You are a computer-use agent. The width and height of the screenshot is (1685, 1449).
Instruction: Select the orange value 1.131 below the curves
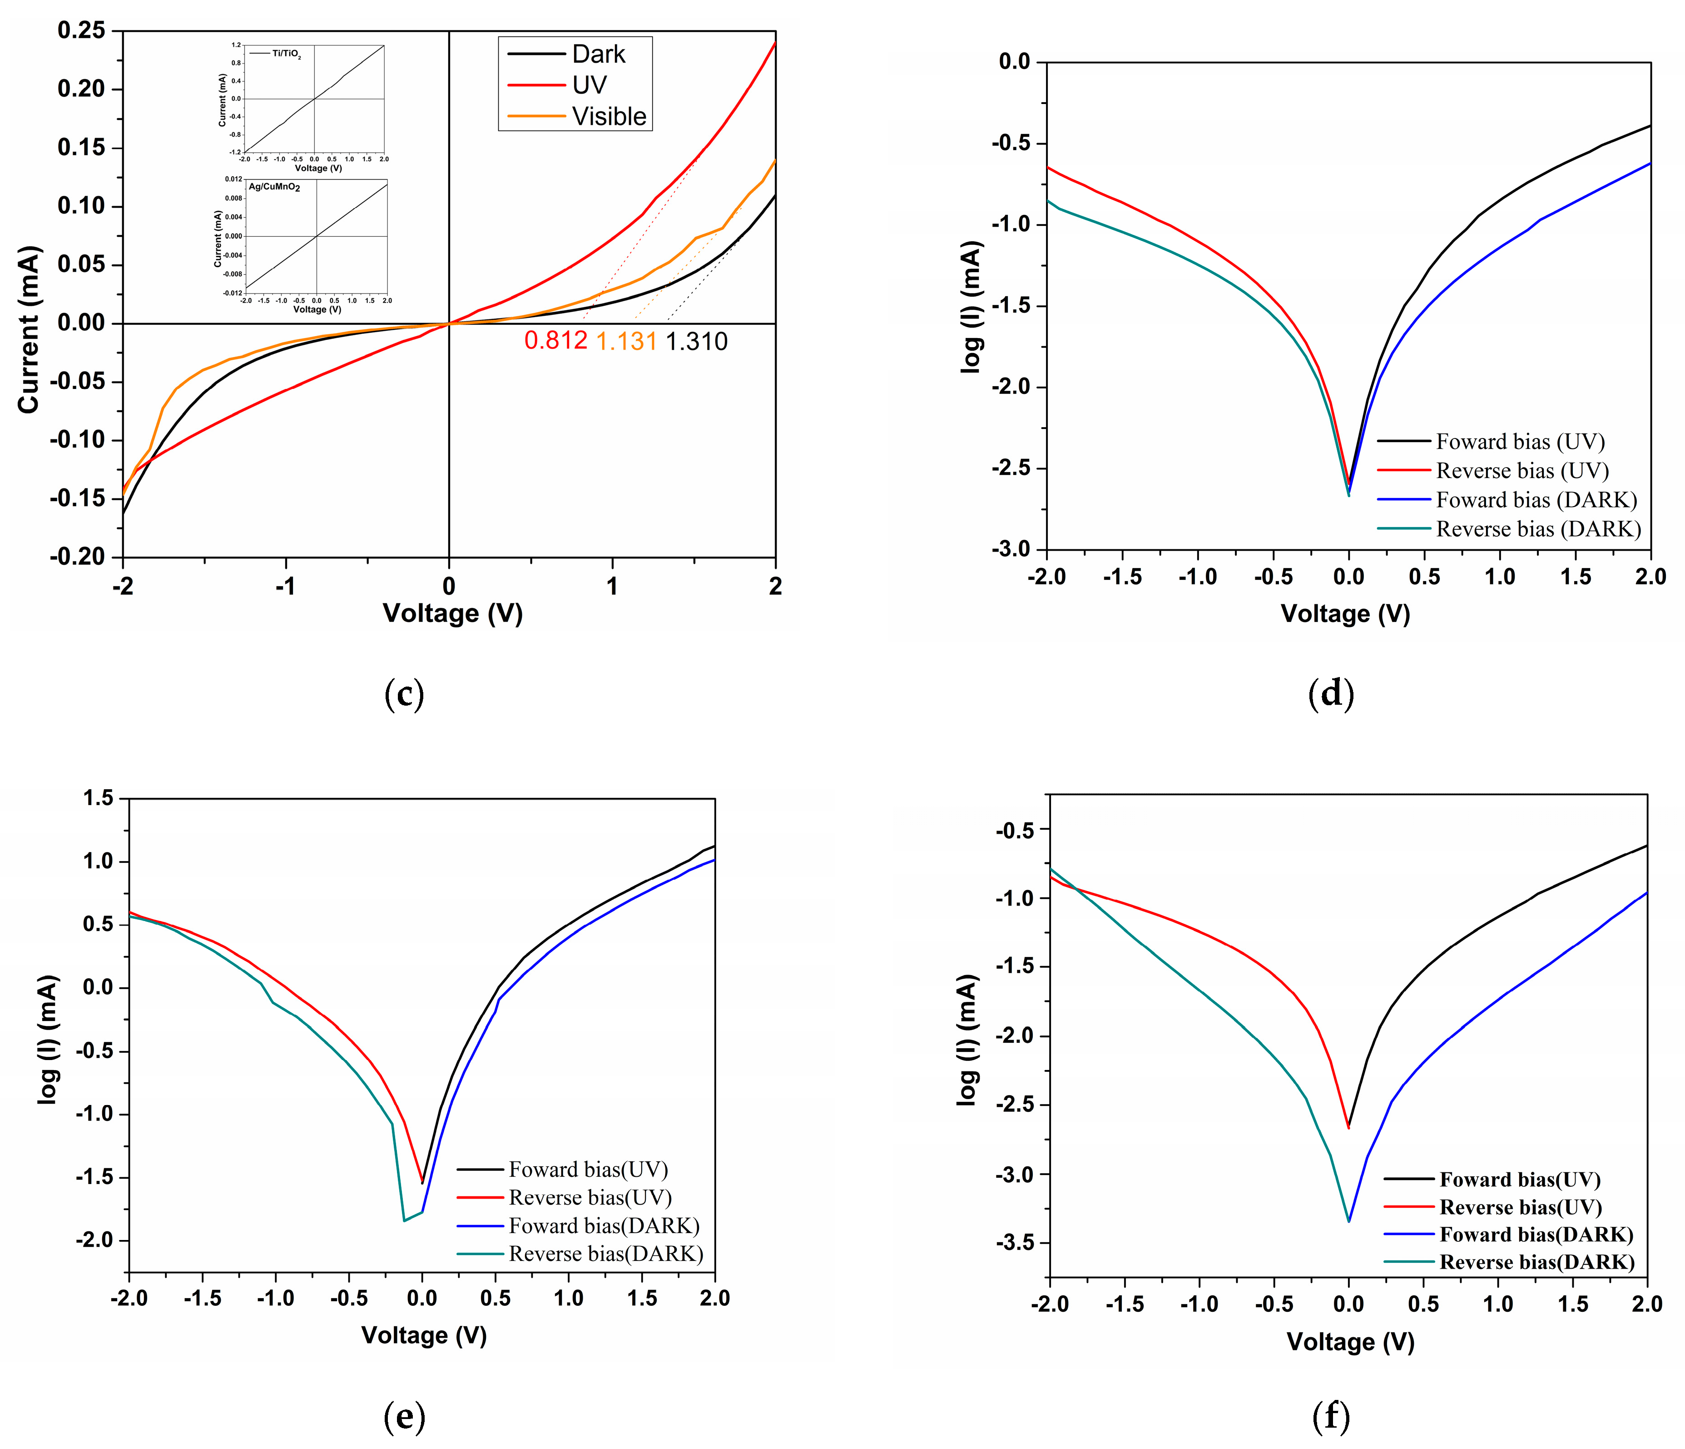point(626,341)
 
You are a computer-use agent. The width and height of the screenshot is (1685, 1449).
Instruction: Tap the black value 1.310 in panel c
point(696,341)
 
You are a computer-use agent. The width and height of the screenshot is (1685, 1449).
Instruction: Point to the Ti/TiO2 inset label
point(285,54)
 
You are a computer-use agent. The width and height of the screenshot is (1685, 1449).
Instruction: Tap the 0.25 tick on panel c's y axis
point(81,31)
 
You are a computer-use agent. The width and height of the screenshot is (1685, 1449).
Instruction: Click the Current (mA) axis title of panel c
point(29,329)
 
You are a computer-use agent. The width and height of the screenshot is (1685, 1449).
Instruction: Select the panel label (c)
point(404,693)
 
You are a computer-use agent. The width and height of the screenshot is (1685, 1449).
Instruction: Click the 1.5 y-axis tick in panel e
point(99,798)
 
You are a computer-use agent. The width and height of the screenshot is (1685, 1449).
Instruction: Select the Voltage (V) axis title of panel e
point(424,1335)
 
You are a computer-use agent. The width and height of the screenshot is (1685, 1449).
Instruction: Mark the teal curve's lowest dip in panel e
point(404,1220)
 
